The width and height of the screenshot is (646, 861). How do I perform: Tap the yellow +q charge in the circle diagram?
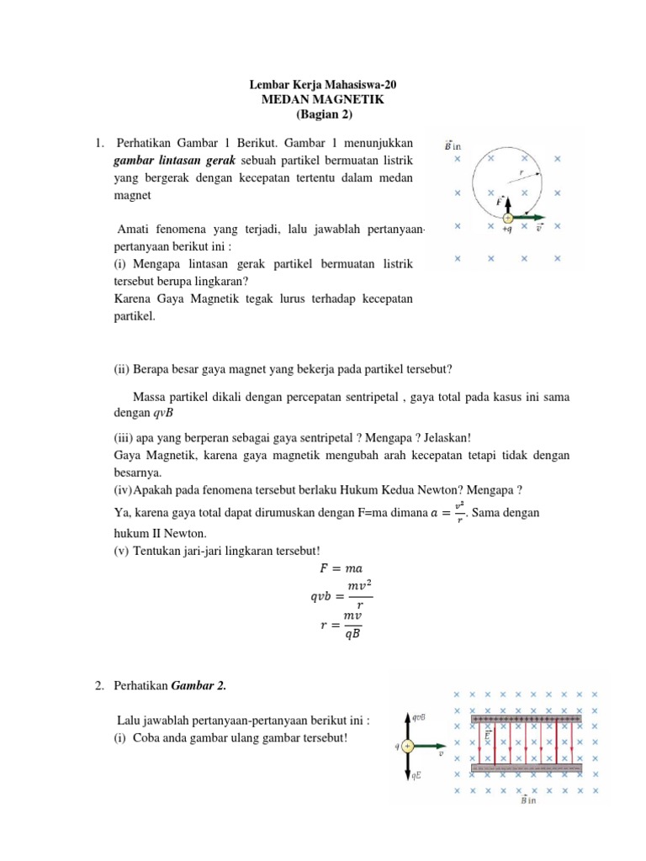click(507, 217)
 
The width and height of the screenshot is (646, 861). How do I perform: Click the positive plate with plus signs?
click(527, 720)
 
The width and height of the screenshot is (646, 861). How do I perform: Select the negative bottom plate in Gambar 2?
click(527, 768)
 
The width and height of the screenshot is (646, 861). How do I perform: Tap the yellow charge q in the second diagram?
click(408, 746)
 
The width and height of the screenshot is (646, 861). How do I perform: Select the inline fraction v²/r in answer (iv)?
click(461, 512)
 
